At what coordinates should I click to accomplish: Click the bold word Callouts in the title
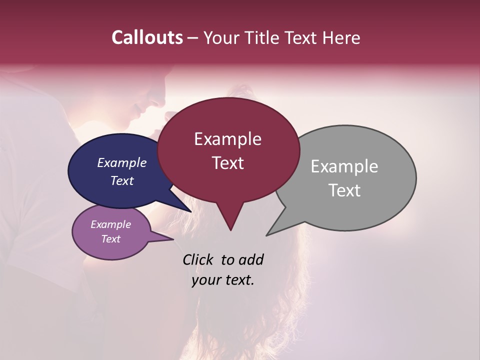(x=147, y=37)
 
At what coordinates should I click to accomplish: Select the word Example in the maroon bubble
(x=227, y=139)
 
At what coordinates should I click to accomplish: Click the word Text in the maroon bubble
(x=227, y=162)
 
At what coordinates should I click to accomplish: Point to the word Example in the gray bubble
(x=344, y=166)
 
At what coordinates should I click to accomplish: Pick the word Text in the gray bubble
(x=344, y=190)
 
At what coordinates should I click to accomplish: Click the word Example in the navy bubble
(x=121, y=162)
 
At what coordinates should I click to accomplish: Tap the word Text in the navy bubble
(x=121, y=180)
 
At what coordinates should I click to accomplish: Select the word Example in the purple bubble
(x=110, y=224)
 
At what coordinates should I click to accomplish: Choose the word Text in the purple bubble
(x=110, y=239)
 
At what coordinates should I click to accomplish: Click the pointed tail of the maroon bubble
(x=230, y=229)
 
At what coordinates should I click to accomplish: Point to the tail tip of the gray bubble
(x=267, y=234)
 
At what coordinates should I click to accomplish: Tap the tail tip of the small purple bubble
(x=172, y=239)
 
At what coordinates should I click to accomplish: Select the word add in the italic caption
(x=251, y=259)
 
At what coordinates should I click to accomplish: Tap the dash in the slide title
(x=193, y=37)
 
